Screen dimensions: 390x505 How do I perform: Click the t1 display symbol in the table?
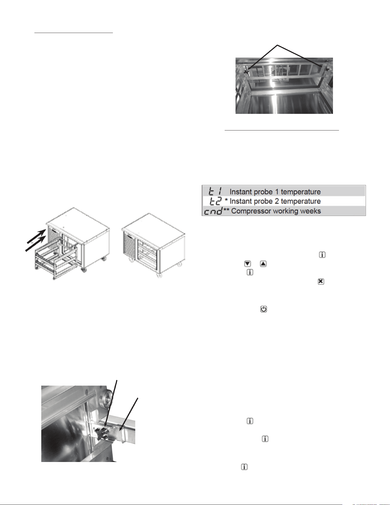pyautogui.click(x=215, y=191)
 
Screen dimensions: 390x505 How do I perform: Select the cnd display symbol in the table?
pyautogui.click(x=213, y=211)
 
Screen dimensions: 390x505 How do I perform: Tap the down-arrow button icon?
pyautogui.click(x=248, y=263)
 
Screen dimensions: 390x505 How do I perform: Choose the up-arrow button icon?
pyautogui.click(x=263, y=263)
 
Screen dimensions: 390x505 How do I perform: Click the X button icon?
pyautogui.click(x=321, y=281)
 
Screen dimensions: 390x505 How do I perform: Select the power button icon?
pyautogui.click(x=264, y=309)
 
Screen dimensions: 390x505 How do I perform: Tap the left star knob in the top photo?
pyautogui.click(x=246, y=71)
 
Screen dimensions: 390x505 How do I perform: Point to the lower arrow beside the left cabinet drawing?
pyautogui.click(x=36, y=243)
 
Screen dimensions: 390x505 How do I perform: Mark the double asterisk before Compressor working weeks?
pyautogui.click(x=226, y=210)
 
